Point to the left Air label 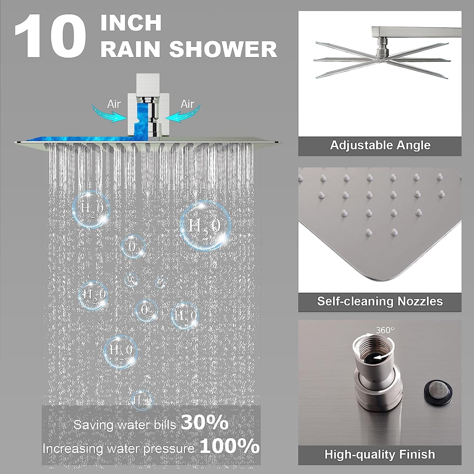114,104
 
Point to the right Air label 187,104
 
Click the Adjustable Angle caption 380,145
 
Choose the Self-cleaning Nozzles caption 380,301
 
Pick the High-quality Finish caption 380,454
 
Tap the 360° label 385,330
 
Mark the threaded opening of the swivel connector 371,347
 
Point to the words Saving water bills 125,425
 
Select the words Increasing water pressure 118,448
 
